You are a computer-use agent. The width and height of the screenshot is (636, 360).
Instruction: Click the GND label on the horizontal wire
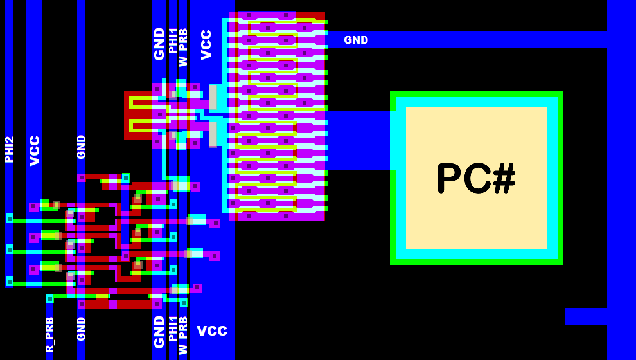coord(356,40)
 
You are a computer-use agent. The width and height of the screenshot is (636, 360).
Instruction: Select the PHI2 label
coord(9,149)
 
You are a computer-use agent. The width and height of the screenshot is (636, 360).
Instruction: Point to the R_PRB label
coord(49,334)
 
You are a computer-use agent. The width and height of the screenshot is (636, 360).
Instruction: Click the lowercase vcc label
coord(212,330)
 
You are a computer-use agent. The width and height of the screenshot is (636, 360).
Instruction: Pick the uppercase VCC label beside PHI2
coord(35,150)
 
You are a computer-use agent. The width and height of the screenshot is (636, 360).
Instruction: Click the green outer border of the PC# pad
coord(477,94)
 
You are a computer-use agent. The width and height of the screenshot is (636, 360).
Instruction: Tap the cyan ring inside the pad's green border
coord(477,102)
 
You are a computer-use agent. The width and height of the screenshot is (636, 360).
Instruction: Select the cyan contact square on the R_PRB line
coord(50,299)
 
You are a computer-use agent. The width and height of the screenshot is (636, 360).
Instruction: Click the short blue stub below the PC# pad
coord(585,316)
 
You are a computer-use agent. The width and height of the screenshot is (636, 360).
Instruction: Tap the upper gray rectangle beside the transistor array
coord(213,98)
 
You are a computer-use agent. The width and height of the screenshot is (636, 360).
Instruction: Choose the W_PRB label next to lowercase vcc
coord(183,335)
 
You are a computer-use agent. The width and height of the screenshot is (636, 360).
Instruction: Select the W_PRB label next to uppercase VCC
coord(183,48)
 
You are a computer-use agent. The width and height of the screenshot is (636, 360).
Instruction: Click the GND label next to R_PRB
coord(81,328)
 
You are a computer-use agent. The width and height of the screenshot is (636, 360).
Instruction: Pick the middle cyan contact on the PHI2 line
coord(10,249)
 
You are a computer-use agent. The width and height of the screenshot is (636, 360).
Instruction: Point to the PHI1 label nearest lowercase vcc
coord(172,328)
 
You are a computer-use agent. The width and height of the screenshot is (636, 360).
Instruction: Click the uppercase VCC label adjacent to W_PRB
coord(206,44)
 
